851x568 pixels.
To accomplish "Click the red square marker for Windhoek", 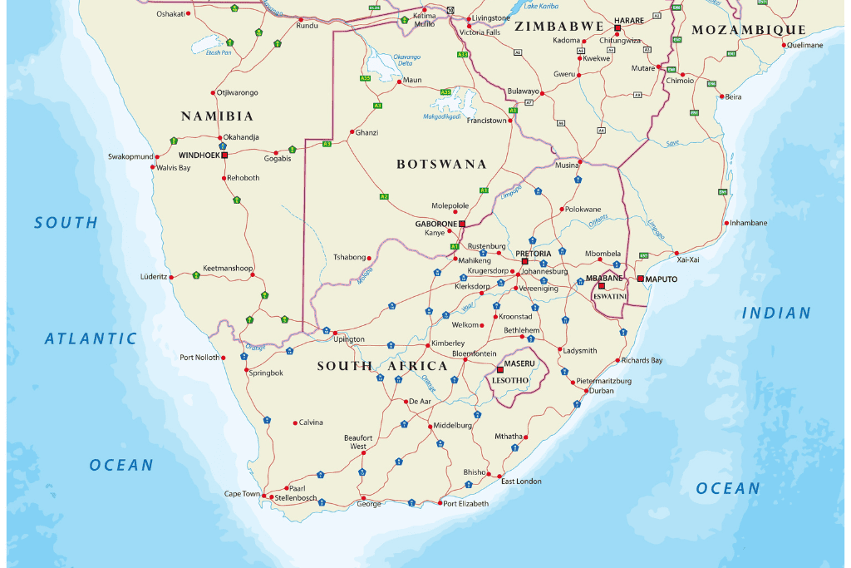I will (x=224, y=155).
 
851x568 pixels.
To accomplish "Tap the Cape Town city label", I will (x=242, y=494).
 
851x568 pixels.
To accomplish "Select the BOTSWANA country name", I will (x=441, y=165).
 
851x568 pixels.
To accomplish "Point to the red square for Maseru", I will (x=499, y=369).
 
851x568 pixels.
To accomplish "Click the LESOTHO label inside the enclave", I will (x=510, y=380).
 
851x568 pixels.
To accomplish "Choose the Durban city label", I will (x=601, y=390).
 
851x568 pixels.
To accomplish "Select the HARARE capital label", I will (x=629, y=19).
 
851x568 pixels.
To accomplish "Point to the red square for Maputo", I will (x=640, y=279).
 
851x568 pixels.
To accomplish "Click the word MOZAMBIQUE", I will (x=749, y=30).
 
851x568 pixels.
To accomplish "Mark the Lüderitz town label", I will (x=154, y=276).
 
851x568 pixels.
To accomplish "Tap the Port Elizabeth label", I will (x=465, y=504).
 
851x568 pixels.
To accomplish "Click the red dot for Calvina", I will (x=295, y=422).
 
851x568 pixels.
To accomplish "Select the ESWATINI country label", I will (x=609, y=296).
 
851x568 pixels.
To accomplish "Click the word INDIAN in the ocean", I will (x=776, y=314).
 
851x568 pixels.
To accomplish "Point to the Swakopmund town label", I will (x=130, y=156).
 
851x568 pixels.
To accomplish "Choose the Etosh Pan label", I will (x=219, y=52).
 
